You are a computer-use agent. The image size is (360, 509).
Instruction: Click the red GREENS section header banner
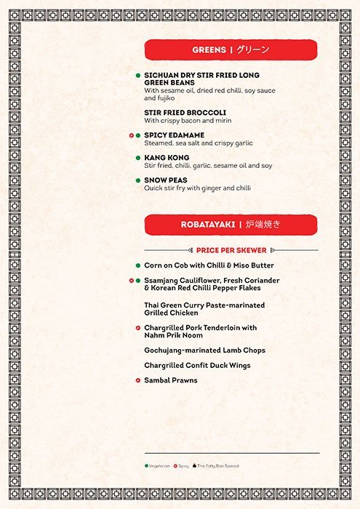231,49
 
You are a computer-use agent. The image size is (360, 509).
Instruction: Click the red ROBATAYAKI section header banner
231,225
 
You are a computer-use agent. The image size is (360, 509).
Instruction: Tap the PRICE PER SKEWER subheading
231,250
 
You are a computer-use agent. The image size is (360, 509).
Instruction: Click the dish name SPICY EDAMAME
174,135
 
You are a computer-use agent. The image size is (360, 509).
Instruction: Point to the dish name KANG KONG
167,158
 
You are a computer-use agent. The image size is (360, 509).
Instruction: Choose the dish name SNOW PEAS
167,180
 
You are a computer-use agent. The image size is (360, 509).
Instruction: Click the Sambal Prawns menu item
170,380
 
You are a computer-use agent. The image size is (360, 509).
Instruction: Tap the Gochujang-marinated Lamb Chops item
204,350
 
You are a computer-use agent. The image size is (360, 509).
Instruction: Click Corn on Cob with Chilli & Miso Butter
209,265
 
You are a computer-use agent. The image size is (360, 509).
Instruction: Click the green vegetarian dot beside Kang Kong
137,158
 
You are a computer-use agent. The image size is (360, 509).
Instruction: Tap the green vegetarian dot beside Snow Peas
137,180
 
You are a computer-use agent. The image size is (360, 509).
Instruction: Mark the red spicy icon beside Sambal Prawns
137,380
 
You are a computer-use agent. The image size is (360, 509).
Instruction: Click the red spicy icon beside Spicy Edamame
131,135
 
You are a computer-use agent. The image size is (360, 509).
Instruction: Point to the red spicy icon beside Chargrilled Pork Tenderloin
137,328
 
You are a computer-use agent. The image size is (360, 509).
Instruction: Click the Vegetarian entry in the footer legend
158,465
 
